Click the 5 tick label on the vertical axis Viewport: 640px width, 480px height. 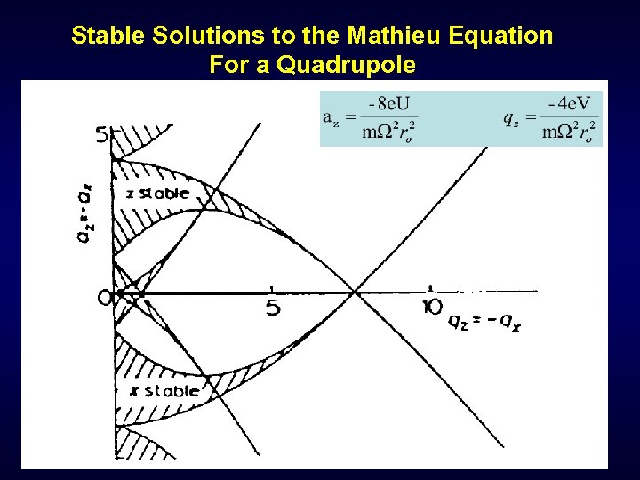[102, 136]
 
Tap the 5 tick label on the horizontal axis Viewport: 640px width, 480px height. [273, 308]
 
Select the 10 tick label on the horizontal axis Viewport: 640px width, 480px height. [434, 307]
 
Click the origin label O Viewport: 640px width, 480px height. [106, 299]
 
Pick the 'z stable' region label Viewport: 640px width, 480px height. [157, 193]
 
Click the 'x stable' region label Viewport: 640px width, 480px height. [164, 391]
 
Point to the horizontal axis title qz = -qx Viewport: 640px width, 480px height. [485, 322]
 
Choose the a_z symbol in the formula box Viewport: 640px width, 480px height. [330, 117]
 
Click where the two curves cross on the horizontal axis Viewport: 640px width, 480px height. [356, 291]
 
